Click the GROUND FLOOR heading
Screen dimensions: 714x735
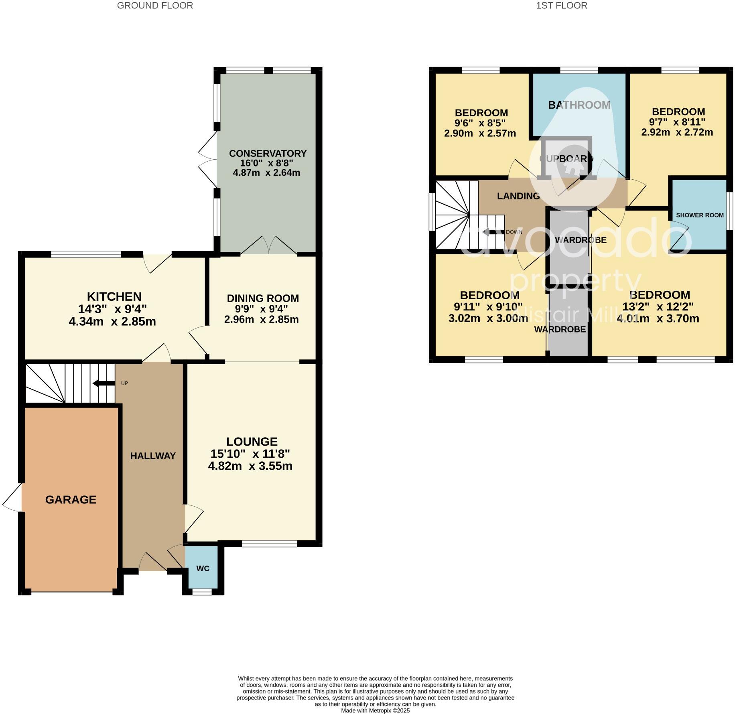tap(155, 6)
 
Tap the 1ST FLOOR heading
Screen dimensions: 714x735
tap(561, 6)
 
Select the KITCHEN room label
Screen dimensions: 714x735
tap(114, 296)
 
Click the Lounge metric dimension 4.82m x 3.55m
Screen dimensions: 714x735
tap(250, 466)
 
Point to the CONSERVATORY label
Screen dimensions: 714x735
tap(268, 153)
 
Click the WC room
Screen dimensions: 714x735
tap(203, 568)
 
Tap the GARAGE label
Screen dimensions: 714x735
tap(71, 499)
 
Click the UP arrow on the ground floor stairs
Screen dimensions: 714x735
tap(104, 383)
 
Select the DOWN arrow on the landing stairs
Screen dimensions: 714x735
tap(493, 232)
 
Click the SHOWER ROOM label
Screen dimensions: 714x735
tap(699, 215)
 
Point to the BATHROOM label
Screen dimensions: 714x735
tap(579, 105)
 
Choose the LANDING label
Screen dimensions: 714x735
tap(518, 196)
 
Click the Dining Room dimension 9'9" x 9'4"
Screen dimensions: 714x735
tap(261, 309)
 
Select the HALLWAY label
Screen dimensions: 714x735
tap(153, 456)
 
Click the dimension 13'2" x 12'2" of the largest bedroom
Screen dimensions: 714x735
tap(658, 306)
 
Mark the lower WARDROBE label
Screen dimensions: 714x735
tap(560, 329)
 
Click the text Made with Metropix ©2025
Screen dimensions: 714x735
tap(375, 710)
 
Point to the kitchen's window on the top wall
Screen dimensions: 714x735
tap(86, 254)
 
